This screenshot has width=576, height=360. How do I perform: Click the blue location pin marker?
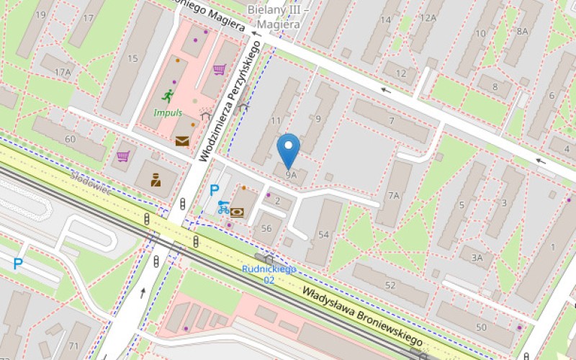point(289,150)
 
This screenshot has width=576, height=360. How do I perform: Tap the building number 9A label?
point(290,175)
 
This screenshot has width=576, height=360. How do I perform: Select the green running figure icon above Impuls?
point(168,96)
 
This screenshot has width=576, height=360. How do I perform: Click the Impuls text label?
point(168,113)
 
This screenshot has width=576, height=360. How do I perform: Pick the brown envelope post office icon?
point(181,141)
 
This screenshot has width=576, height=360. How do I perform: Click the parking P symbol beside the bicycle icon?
point(214,191)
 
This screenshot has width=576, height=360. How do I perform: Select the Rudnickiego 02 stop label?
point(269,274)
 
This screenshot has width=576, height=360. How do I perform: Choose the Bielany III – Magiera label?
point(278,17)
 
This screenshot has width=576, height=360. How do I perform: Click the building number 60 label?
point(71,139)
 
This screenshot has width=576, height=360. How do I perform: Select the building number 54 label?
point(323,235)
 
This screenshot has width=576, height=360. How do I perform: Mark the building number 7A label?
point(393,196)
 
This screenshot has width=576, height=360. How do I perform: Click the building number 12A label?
point(428,18)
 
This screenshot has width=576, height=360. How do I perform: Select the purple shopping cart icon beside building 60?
point(123,156)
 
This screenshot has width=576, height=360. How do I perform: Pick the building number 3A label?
point(477,257)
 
